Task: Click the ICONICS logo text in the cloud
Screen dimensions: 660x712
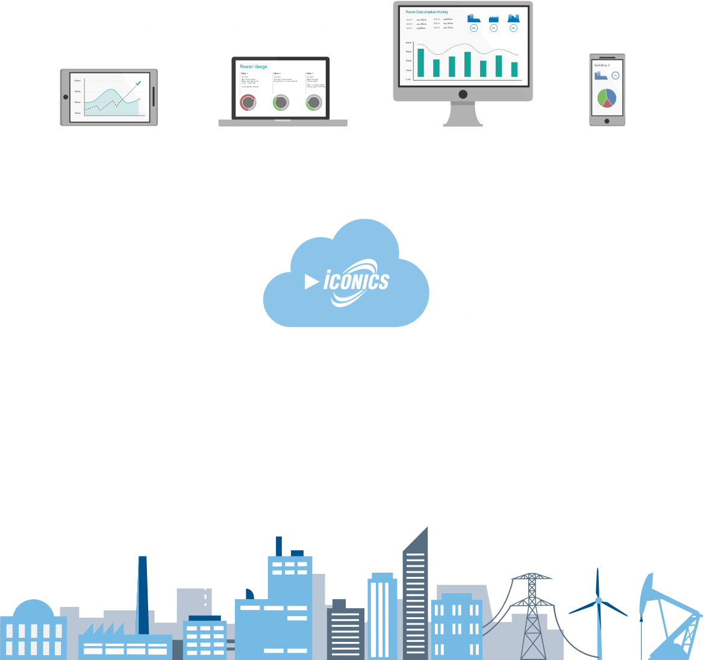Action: pos(357,281)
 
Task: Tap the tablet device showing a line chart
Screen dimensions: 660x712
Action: pos(109,97)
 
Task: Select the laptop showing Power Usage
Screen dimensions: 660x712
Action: pos(282,90)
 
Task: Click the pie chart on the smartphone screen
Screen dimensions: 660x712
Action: pos(607,98)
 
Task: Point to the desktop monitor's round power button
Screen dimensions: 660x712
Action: pos(463,94)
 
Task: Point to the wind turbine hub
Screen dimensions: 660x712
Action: pos(598,600)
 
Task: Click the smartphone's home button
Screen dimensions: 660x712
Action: pos(607,120)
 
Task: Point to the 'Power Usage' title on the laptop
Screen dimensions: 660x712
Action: pos(254,67)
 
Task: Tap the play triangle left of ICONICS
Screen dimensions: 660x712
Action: pos(311,281)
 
